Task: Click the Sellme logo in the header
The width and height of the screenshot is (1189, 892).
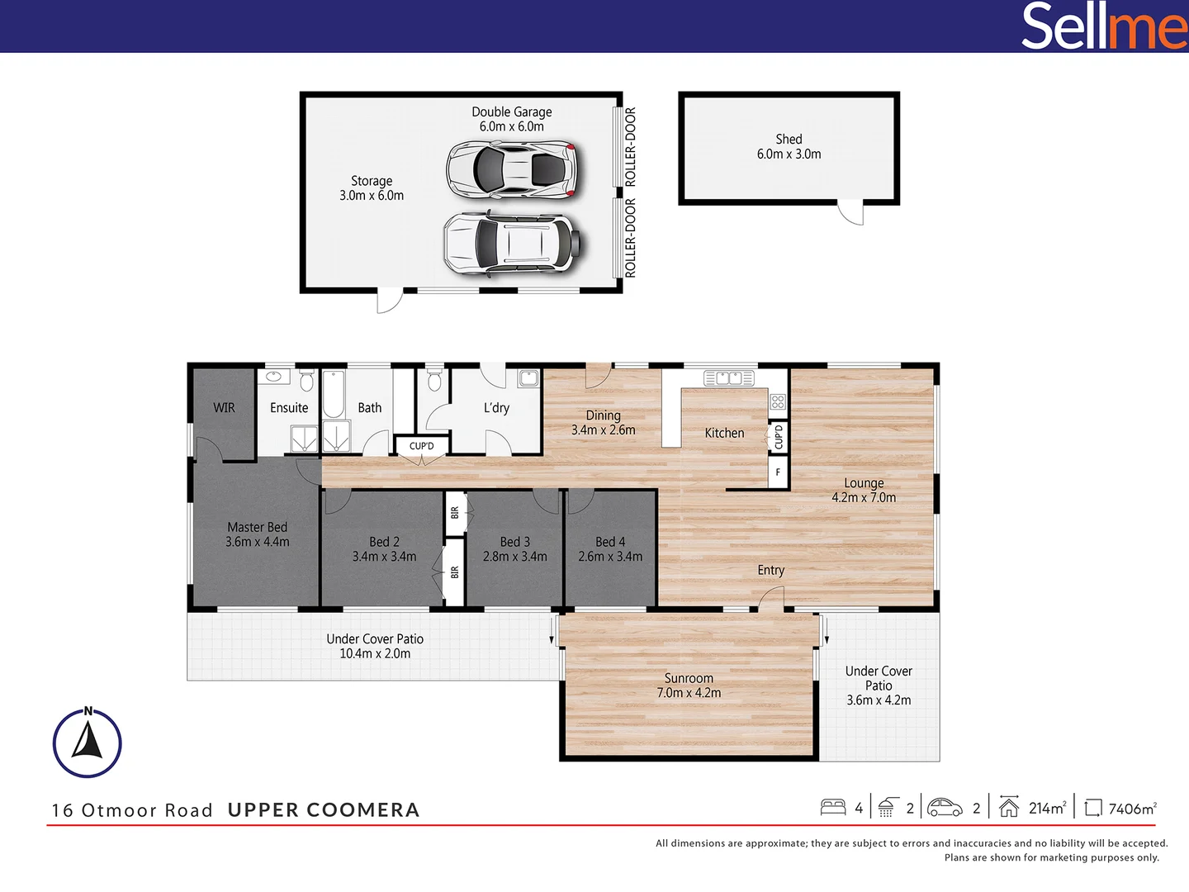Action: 1104,26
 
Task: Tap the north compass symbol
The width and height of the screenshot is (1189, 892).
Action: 88,743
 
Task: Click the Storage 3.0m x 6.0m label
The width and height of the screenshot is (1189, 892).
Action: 372,188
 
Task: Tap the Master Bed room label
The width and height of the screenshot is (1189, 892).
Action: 258,534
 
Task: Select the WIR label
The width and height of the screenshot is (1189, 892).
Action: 224,408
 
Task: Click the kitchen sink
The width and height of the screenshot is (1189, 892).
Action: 728,378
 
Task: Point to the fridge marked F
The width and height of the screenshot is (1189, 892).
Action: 778,472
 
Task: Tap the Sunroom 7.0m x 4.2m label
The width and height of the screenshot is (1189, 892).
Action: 689,686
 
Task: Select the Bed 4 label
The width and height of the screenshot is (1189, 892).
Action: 610,549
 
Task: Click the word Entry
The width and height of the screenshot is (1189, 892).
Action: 770,570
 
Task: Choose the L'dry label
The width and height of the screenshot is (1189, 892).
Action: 496,408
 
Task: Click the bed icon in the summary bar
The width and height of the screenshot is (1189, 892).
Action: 833,807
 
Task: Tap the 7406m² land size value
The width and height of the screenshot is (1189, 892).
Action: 1132,809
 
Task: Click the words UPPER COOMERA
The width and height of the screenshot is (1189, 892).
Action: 324,810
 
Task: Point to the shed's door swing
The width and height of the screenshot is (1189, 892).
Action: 851,213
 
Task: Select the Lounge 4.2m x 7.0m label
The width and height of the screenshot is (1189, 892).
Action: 864,490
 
